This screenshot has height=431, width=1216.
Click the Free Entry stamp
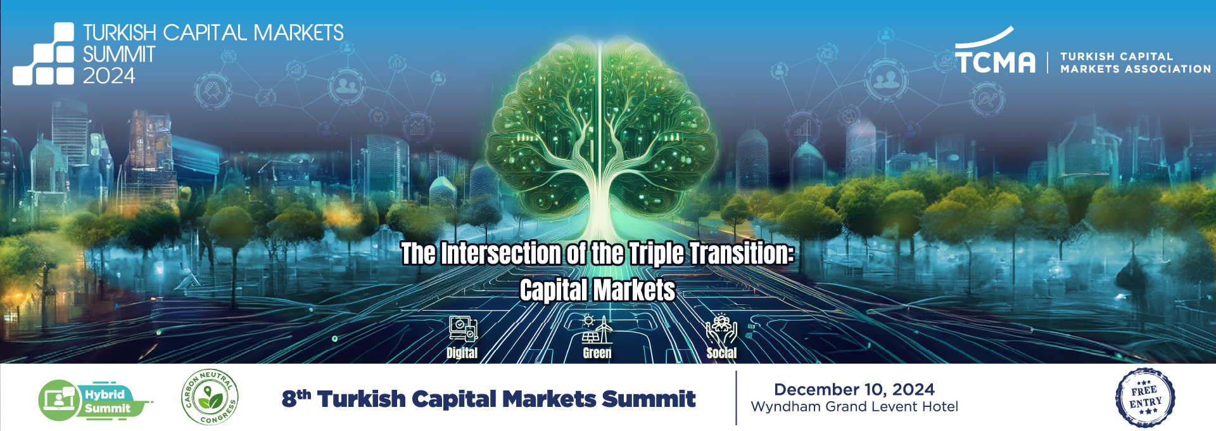(x=1145, y=398)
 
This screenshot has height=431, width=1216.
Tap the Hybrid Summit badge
(x=95, y=401)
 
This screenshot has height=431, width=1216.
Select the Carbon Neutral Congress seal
(x=210, y=397)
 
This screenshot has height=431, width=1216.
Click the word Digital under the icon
(x=462, y=353)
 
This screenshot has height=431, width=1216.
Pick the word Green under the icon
(x=597, y=353)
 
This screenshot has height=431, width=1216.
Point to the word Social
(x=721, y=353)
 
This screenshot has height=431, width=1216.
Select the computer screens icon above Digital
(x=463, y=329)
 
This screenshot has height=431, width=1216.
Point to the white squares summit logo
(x=44, y=54)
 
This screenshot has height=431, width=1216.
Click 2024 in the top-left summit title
(x=109, y=76)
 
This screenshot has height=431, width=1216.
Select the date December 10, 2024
(x=854, y=389)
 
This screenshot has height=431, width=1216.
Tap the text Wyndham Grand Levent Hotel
(x=854, y=407)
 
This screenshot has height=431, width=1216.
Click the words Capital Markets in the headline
(x=597, y=290)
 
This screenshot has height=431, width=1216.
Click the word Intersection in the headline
(x=500, y=254)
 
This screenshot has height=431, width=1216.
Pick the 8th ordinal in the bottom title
(x=296, y=398)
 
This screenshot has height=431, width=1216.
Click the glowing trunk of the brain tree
(x=598, y=203)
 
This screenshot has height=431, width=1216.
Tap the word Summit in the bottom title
(x=649, y=399)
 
